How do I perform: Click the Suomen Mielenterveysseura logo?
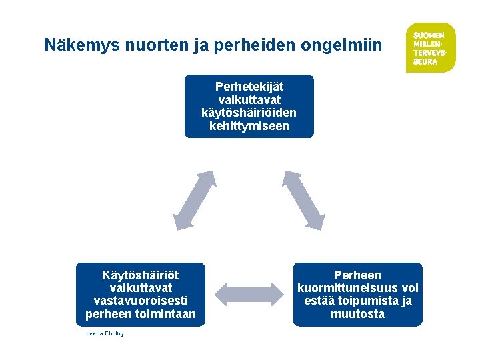pyautogui.click(x=430, y=47)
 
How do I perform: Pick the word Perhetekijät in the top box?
pyautogui.click(x=249, y=87)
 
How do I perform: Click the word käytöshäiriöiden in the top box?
pyautogui.click(x=249, y=112)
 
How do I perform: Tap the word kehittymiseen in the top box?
pyautogui.click(x=249, y=125)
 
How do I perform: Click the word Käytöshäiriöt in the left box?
pyautogui.click(x=141, y=275)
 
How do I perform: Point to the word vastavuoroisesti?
pyautogui.click(x=141, y=301)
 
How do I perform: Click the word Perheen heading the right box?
pyautogui.click(x=358, y=275)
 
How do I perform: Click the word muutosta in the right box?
pyautogui.click(x=358, y=314)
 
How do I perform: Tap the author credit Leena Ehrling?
pyautogui.click(x=105, y=333)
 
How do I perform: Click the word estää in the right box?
pyautogui.click(x=319, y=301)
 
